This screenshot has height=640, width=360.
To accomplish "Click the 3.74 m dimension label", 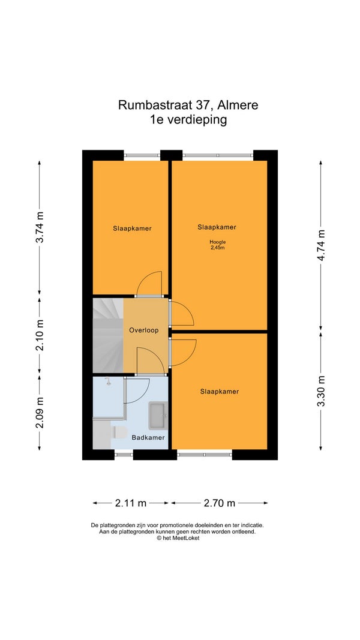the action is [x=40, y=227].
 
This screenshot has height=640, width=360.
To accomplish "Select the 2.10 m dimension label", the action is [x=40, y=335].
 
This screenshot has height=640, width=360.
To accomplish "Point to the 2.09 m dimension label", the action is [x=40, y=412].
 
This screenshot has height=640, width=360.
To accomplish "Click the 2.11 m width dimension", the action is [x=131, y=503].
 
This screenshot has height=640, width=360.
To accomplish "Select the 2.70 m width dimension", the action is [x=219, y=503].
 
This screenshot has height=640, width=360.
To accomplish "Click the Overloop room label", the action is [x=143, y=330].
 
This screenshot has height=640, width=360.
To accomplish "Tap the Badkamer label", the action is [x=148, y=437].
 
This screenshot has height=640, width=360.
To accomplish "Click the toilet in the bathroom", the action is [x=119, y=432].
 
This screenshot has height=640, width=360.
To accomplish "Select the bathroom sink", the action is [x=158, y=416].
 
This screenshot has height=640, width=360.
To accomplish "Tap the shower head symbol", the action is [x=108, y=381].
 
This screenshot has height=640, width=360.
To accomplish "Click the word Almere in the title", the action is [x=238, y=106].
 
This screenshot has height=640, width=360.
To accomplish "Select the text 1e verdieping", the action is [x=188, y=120].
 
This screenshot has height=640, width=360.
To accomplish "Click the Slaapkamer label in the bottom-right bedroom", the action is [x=220, y=392].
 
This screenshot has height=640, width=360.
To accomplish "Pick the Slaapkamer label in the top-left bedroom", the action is [x=132, y=229].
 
